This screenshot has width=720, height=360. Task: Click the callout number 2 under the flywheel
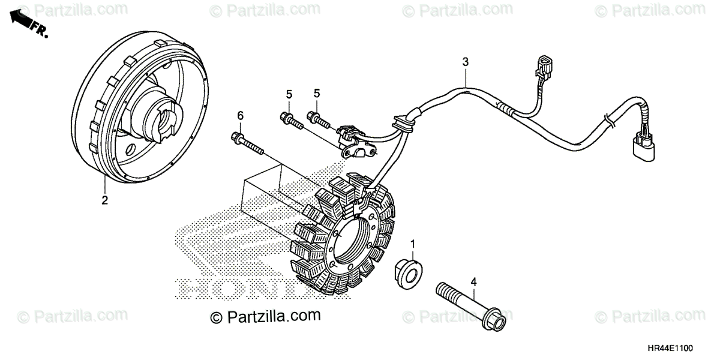(104, 200)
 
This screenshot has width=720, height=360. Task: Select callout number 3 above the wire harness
(465, 62)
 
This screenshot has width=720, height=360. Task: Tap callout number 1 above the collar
(413, 243)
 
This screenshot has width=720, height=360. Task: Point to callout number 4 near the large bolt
(473, 281)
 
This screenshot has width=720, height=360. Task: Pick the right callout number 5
(316, 93)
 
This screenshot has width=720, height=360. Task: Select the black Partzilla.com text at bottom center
(265, 316)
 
